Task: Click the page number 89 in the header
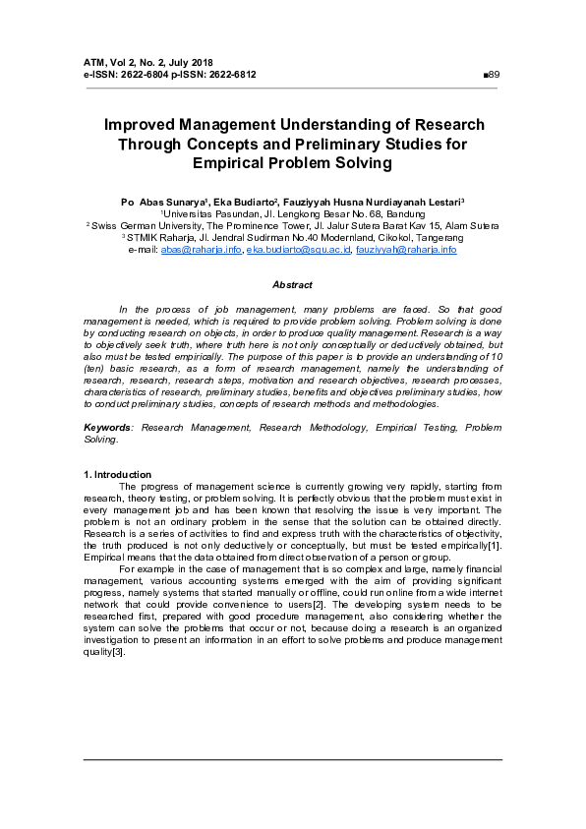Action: (495, 74)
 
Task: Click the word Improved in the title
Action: (145, 125)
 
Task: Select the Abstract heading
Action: (292, 284)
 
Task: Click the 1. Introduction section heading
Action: (118, 475)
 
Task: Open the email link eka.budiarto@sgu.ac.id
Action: (297, 250)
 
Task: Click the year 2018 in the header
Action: (201, 62)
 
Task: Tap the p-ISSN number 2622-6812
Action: (230, 74)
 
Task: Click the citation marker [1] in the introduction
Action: (496, 544)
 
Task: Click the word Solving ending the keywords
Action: (102, 440)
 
